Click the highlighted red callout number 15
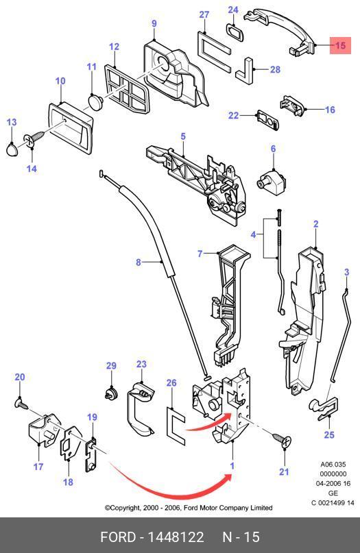click(340, 45)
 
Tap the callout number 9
click(154, 23)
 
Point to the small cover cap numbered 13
click(12, 149)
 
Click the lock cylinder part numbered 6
click(271, 180)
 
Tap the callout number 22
click(233, 115)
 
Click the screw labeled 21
click(282, 439)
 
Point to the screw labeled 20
click(21, 403)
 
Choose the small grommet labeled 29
click(112, 393)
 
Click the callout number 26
click(171, 383)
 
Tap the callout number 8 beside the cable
click(139, 262)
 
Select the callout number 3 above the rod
click(346, 272)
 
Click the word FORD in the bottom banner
click(118, 537)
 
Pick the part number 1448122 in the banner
click(176, 537)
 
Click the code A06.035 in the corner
click(333, 465)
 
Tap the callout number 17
click(38, 467)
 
